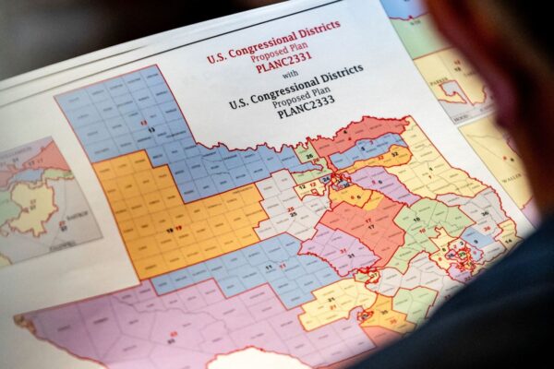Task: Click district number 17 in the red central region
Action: coord(368,224)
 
